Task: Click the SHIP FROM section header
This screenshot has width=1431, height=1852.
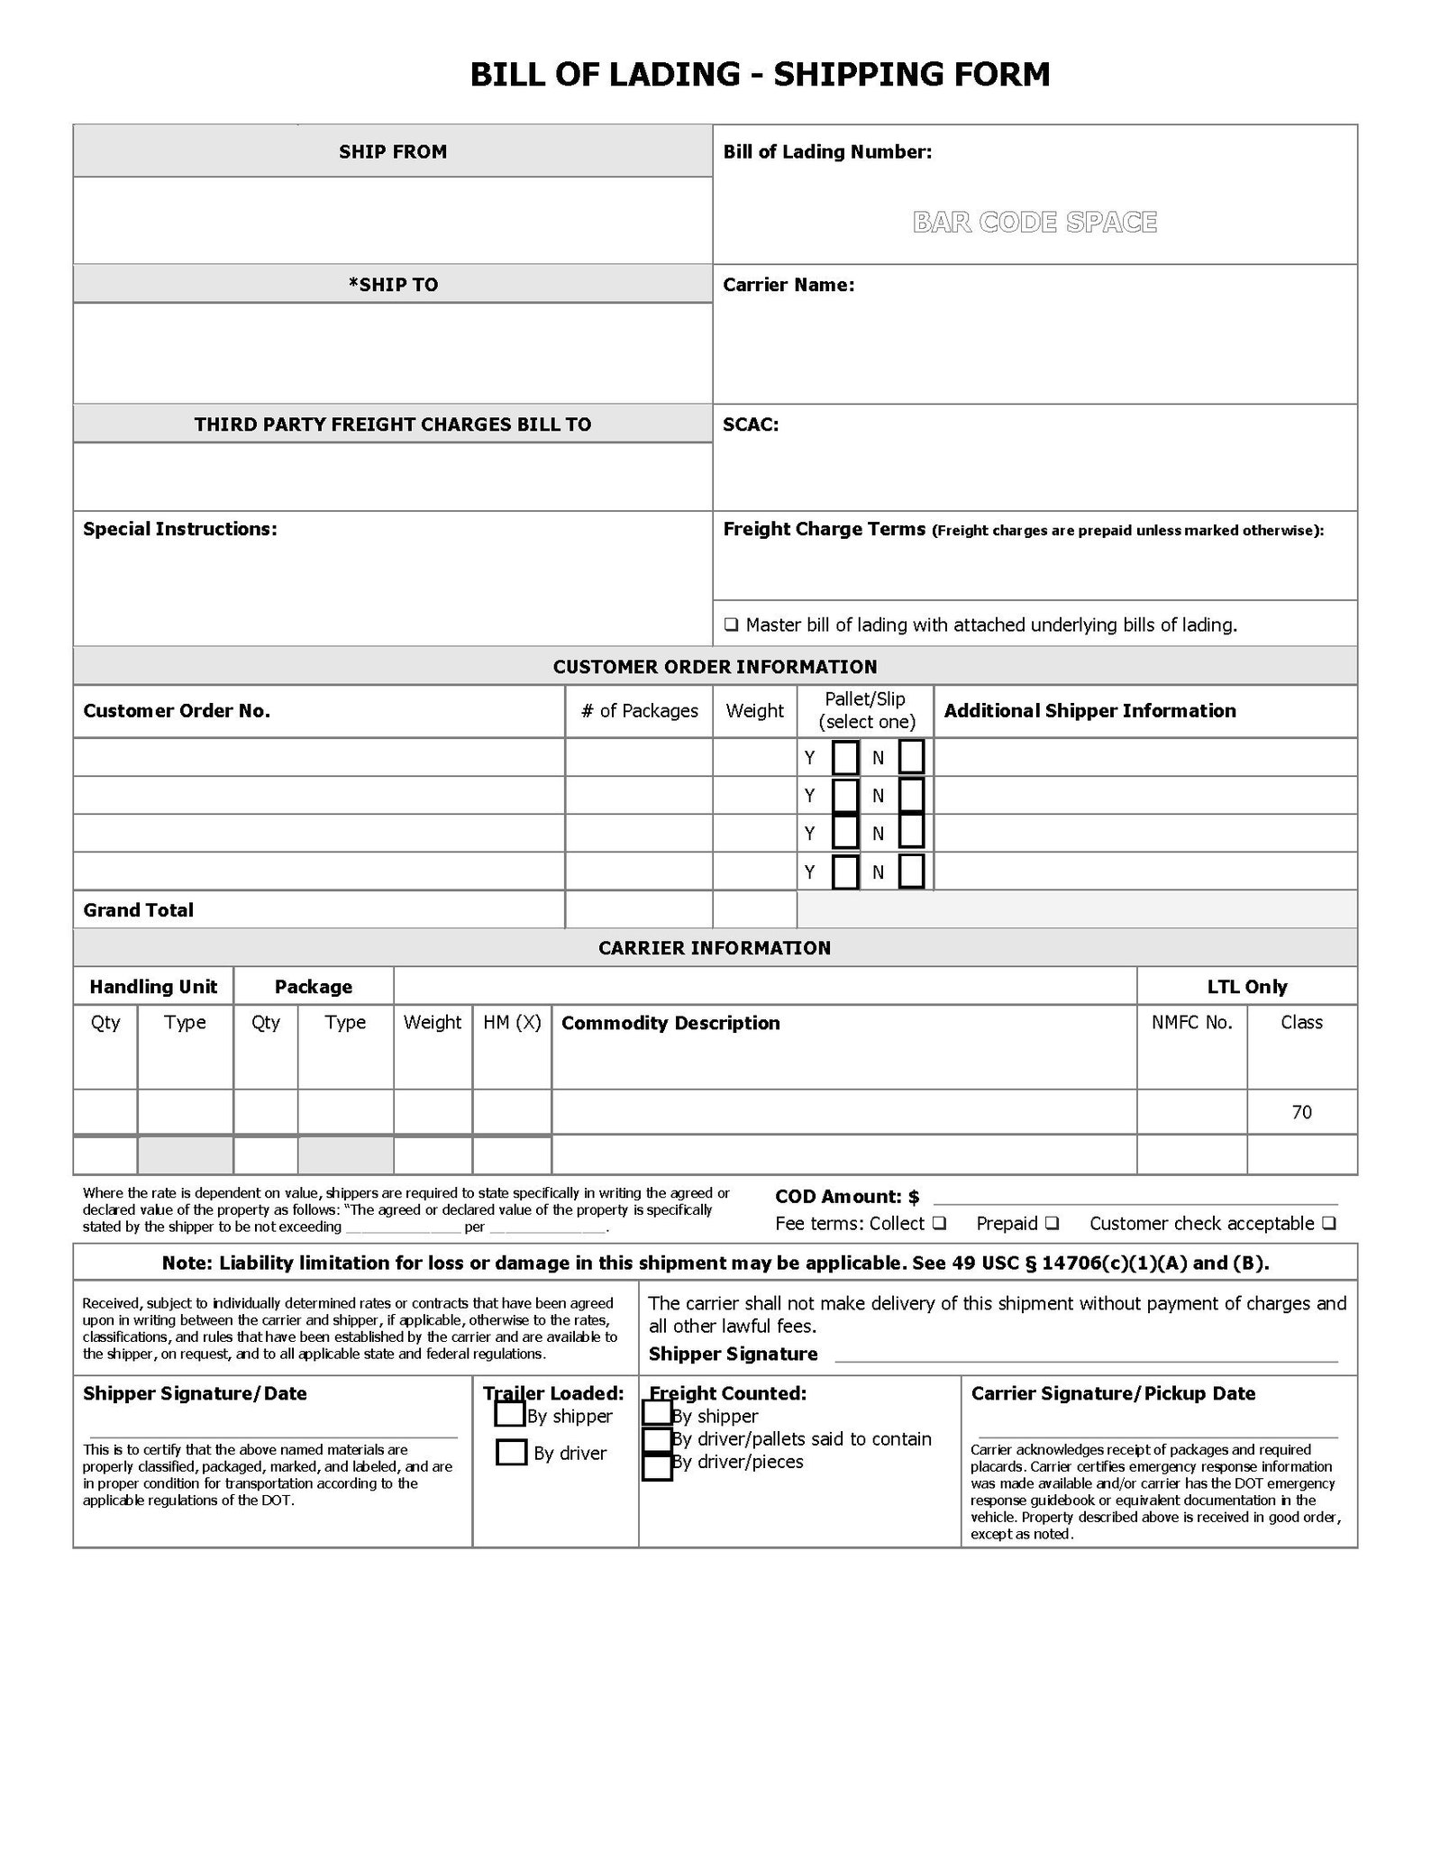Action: (x=392, y=151)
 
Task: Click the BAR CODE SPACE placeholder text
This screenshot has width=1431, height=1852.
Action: (x=1035, y=222)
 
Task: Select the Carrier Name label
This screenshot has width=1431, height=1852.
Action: (x=788, y=285)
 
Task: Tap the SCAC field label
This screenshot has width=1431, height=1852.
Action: (x=751, y=424)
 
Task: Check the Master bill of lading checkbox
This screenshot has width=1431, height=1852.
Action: (x=731, y=625)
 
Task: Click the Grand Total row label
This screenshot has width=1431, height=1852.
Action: (x=138, y=910)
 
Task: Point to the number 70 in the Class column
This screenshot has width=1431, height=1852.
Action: (x=1301, y=1112)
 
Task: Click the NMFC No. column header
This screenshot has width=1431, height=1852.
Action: (x=1191, y=1022)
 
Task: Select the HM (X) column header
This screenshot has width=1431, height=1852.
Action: (x=512, y=1022)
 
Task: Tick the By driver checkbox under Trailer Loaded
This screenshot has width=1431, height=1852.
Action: (x=511, y=1452)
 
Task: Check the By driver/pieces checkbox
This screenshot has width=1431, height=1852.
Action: (x=657, y=1466)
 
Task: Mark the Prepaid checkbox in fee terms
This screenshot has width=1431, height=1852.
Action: (x=1052, y=1223)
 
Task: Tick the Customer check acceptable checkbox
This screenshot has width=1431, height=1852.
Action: (x=1329, y=1223)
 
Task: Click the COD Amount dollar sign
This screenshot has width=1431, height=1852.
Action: (x=914, y=1197)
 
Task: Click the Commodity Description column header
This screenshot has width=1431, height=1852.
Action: (x=670, y=1023)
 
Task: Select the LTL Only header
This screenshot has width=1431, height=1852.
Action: (x=1246, y=986)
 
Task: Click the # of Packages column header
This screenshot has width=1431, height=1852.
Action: (x=639, y=710)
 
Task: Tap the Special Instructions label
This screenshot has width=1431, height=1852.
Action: (x=179, y=529)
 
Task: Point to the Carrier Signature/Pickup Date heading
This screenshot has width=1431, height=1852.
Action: (x=1113, y=1393)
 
